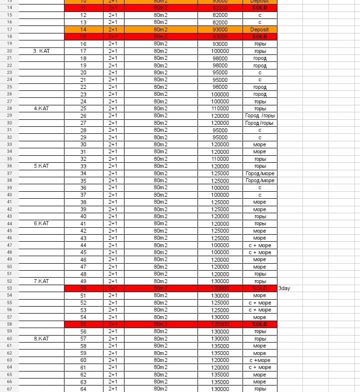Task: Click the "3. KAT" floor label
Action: coord(41,51)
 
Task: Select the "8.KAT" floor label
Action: coord(41,339)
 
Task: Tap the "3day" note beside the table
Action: coord(284,288)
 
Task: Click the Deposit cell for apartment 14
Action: coord(259,29)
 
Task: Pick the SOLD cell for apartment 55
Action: coord(259,324)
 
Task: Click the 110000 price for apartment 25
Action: coord(220,108)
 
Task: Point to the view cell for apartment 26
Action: coord(259,116)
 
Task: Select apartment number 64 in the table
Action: coord(83,389)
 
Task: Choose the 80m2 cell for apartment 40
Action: coord(160,216)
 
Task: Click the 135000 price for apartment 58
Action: coord(220,346)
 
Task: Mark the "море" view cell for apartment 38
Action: coord(259,202)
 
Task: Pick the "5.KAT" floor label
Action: coord(41,166)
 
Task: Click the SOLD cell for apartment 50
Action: coord(259,288)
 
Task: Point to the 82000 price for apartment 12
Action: coord(220,15)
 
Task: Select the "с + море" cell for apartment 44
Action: coord(259,245)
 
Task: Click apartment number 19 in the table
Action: coord(83,65)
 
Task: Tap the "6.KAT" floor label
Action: coord(41,224)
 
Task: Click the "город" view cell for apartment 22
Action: coord(259,87)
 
